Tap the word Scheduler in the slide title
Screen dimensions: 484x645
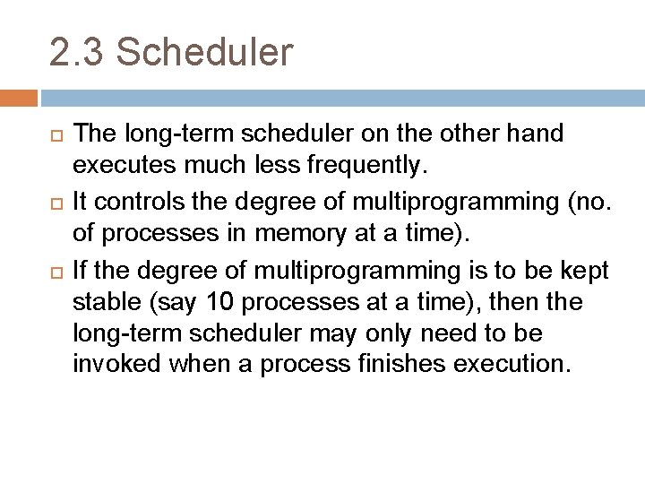click(x=204, y=52)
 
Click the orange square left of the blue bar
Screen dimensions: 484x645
click(x=19, y=97)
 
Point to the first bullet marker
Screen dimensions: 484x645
click(x=56, y=135)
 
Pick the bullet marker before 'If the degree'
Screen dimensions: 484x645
click(x=56, y=270)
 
